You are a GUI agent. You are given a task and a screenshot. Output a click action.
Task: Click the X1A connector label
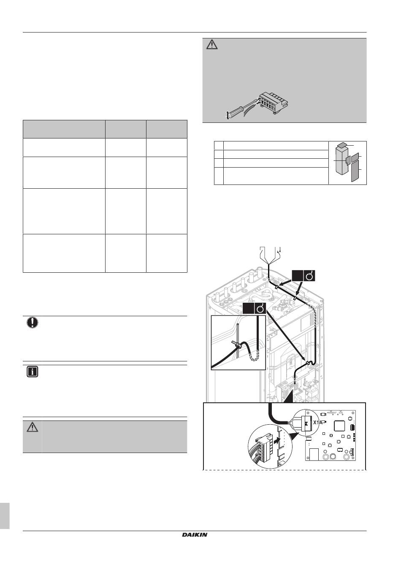(318, 423)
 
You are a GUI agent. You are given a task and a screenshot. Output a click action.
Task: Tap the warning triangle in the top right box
(212, 45)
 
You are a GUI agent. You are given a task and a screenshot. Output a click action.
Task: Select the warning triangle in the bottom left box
(33, 427)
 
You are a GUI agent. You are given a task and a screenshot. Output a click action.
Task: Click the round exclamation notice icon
(33, 323)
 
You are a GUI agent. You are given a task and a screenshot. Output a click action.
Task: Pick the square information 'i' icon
(33, 372)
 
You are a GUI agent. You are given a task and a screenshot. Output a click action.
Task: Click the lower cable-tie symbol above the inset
(260, 309)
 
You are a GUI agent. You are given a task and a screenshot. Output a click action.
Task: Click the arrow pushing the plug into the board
(278, 440)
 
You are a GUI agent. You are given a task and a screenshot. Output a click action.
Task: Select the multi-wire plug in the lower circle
(263, 448)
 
